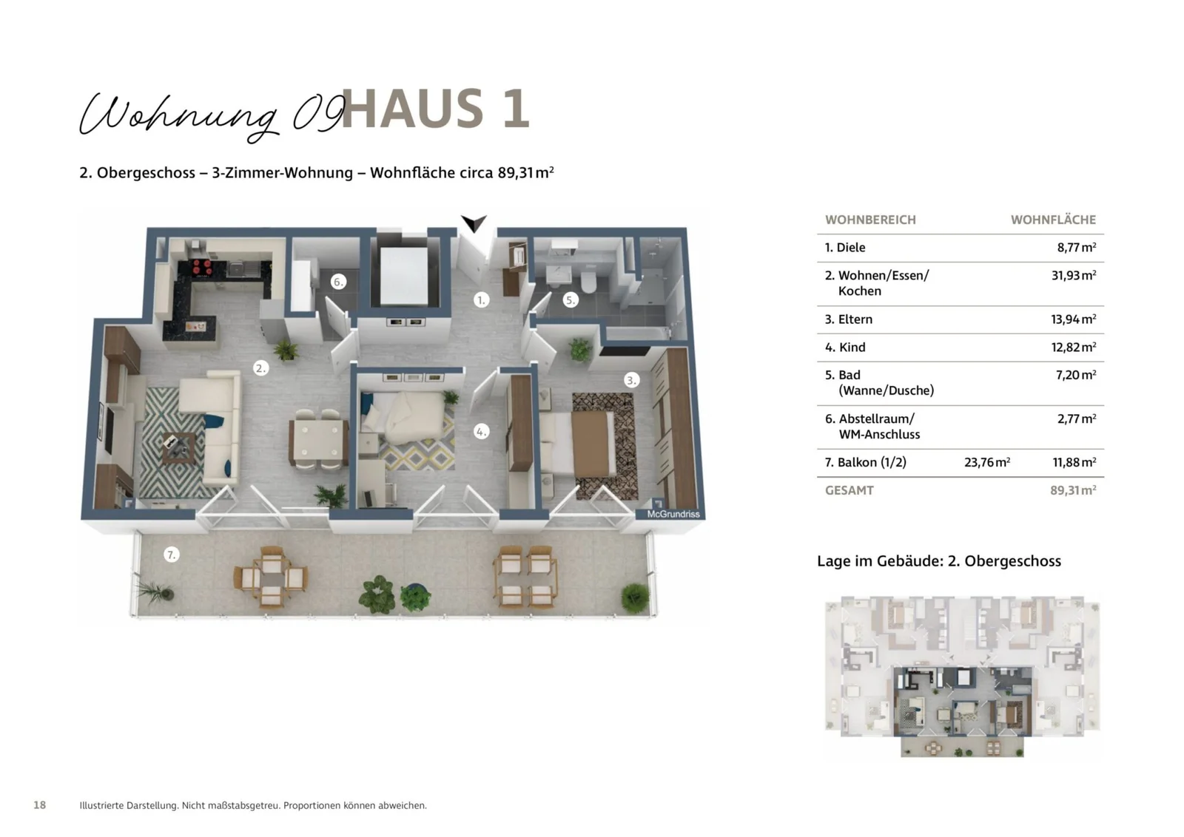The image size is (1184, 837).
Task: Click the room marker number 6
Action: pyautogui.click(x=337, y=282)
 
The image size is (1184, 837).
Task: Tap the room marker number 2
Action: pyautogui.click(x=260, y=367)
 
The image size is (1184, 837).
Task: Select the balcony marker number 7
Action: pyautogui.click(x=171, y=555)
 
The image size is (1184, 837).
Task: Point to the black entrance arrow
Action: pyautogui.click(x=474, y=223)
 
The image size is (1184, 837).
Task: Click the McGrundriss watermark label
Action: pyautogui.click(x=672, y=514)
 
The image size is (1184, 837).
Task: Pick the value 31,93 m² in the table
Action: pyautogui.click(x=1073, y=276)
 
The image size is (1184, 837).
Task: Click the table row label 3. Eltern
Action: pyautogui.click(x=848, y=319)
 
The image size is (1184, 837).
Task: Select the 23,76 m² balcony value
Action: pyautogui.click(x=986, y=463)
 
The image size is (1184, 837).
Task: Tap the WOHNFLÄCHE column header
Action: pyautogui.click(x=1053, y=220)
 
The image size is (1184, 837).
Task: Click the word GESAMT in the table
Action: pyautogui.click(x=849, y=490)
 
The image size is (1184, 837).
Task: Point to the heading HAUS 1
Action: pyautogui.click(x=435, y=109)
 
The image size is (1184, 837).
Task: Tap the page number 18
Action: pyautogui.click(x=40, y=805)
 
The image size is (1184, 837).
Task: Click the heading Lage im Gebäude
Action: pyautogui.click(x=938, y=561)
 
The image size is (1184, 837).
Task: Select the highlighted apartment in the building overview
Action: pyautogui.click(x=962, y=702)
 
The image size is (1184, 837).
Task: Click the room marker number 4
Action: pyautogui.click(x=481, y=431)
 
